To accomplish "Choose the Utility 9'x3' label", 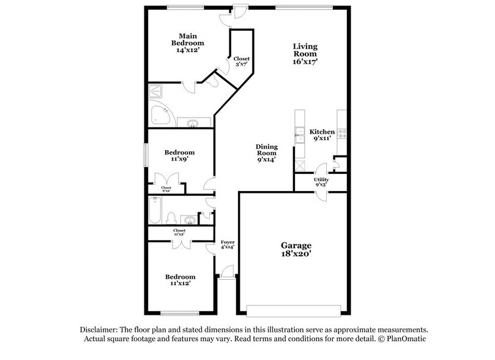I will coord(321,182).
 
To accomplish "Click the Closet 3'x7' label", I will coord(241,61).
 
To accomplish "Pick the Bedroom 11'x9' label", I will coord(180,156).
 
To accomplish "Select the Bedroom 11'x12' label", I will coord(180,280).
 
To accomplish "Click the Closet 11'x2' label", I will coord(179,233).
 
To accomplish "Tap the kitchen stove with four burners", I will coord(341,132).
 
